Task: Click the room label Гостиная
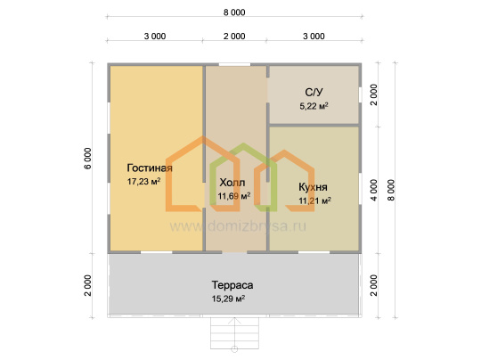coord(150,168)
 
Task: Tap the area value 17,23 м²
coord(144,182)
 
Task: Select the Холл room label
coord(232,183)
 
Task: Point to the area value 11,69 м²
coord(234,195)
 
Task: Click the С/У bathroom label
coord(314,92)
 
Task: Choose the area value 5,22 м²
coord(314,106)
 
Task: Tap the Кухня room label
coord(313,187)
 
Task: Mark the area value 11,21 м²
coord(314,200)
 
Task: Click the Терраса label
coord(232,285)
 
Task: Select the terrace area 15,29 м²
coord(228,299)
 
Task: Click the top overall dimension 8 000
coord(234,12)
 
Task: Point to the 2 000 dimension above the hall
coord(234,37)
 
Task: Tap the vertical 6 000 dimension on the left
coord(87,159)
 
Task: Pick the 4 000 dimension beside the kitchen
coord(373,191)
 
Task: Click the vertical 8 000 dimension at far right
coord(391,191)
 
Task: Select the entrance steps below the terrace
coord(234,333)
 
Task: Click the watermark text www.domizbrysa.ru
coord(238,226)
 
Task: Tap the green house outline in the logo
coord(243,177)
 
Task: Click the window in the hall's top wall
coord(234,64)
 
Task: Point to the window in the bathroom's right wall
coord(360,94)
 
